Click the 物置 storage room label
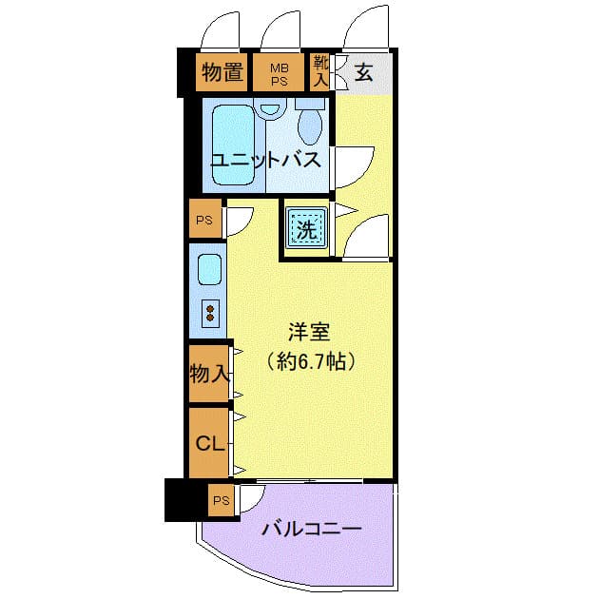click(222, 72)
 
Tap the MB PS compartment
click(279, 72)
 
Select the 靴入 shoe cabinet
click(319, 72)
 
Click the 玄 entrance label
click(363, 72)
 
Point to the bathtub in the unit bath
click(233, 145)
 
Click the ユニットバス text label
click(266, 160)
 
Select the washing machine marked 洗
click(307, 228)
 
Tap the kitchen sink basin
click(209, 270)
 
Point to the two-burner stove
click(210, 313)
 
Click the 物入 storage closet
click(209, 374)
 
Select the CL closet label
click(209, 443)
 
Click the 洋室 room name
click(309, 332)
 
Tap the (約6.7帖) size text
click(311, 360)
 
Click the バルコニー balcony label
click(311, 529)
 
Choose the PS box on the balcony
click(222, 500)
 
